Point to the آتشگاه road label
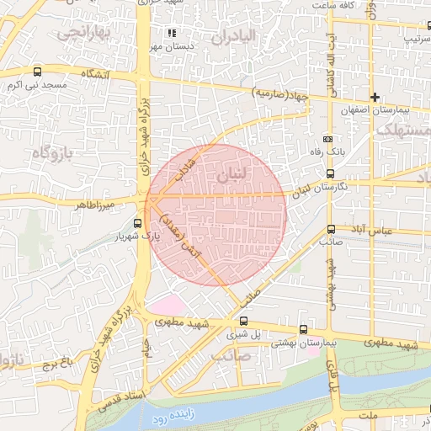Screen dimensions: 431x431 click(94, 74)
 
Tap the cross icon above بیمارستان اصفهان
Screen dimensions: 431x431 click(375, 97)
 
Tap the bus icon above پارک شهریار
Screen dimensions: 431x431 click(138, 223)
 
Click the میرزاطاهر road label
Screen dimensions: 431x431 click(95, 204)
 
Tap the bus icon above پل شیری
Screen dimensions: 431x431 click(244, 321)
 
